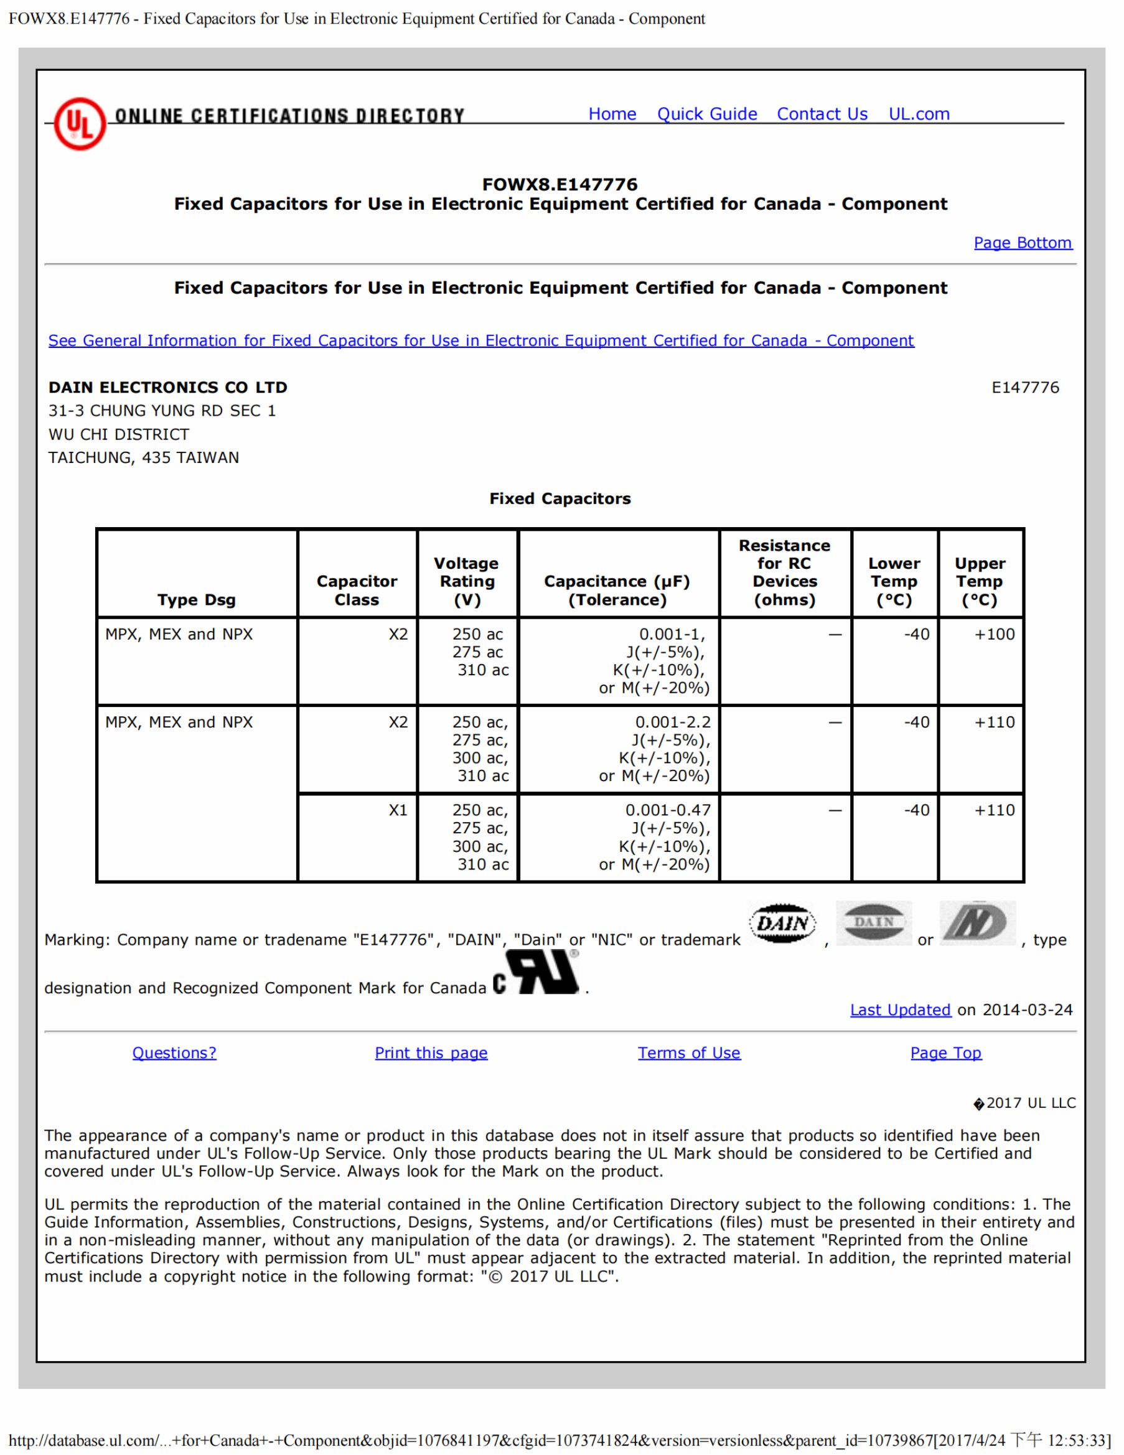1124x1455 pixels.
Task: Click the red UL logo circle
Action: [x=80, y=124]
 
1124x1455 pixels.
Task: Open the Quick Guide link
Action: [x=707, y=114]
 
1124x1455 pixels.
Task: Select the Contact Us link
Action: [x=822, y=114]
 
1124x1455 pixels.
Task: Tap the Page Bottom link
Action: [x=1023, y=243]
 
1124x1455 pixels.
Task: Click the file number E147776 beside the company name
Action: [x=1024, y=387]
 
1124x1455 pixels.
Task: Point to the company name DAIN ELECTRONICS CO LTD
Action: [x=168, y=387]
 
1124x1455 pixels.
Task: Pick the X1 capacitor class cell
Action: [x=398, y=810]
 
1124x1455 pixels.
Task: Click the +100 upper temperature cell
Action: [x=994, y=634]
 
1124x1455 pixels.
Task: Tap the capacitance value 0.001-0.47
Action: [x=668, y=810]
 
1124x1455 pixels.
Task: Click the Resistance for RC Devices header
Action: [x=784, y=573]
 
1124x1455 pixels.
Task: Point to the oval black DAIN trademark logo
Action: [x=782, y=924]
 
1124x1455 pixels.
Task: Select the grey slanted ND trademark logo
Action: [x=977, y=924]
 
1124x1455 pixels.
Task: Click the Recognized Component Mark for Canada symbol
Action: [x=537, y=973]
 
